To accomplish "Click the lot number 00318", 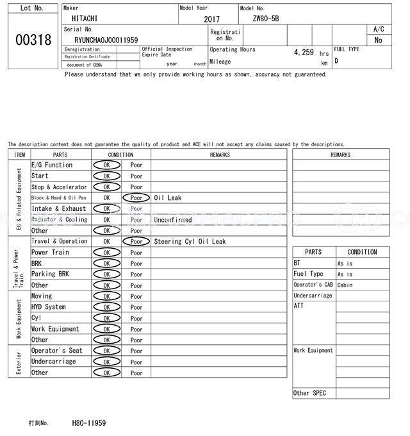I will coord(33,40).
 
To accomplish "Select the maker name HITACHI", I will coord(85,19).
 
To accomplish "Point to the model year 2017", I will coord(211,20).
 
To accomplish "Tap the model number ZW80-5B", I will coord(266,19).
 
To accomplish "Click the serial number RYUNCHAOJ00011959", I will coord(106,40).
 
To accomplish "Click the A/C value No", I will coord(378,40).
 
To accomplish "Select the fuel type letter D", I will coord(336,61).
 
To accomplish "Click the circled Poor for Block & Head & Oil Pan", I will coord(136,198).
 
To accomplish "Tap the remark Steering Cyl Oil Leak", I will coord(190,242).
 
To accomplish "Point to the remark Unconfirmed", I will coord(172,220).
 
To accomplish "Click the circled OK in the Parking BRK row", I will coord(106,274).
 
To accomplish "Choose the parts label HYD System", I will coord(49,307).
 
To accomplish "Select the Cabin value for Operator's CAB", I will coord(345,285).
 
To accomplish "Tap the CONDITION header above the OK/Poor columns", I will coord(120,155).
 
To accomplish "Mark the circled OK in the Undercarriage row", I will coord(106,362).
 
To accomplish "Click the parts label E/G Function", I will coord(52,165).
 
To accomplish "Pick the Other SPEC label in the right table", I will coord(309,393).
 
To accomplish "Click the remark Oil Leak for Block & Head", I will coord(168,198).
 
